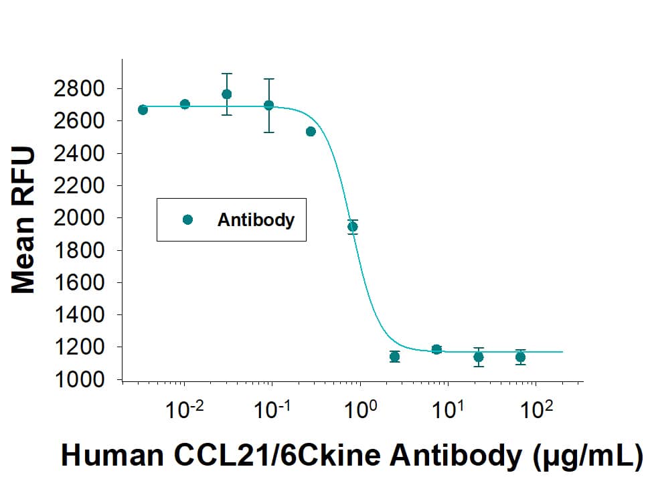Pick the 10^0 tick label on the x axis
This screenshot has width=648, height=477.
[x=359, y=409]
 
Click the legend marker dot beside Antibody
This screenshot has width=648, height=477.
[x=187, y=219]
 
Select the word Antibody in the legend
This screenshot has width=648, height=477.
[x=256, y=219]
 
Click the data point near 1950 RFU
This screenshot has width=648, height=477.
[x=353, y=227]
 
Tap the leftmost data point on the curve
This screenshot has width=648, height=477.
[x=143, y=110]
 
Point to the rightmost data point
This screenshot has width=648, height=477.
[x=520, y=357]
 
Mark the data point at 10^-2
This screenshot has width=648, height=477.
[x=185, y=104]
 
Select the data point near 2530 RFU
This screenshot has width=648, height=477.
[x=311, y=131]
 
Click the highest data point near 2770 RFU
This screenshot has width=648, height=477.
[x=227, y=94]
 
